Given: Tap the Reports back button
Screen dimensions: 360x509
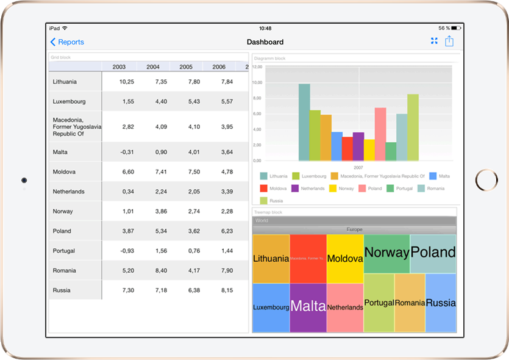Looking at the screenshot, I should [x=67, y=42].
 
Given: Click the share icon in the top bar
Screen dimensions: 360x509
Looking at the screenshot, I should [x=449, y=41].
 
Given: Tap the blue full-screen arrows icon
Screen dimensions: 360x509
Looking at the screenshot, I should [x=434, y=41].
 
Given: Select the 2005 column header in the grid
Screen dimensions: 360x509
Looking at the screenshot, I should [x=186, y=67].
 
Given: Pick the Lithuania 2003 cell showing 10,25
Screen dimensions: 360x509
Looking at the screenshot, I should [x=127, y=82].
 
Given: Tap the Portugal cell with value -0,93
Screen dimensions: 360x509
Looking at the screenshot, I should [x=127, y=251].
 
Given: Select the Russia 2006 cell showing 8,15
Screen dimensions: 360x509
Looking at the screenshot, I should [x=226, y=290].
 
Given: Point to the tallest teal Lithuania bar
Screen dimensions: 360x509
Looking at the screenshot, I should [x=304, y=122].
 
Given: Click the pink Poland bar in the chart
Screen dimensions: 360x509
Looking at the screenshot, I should [x=380, y=134].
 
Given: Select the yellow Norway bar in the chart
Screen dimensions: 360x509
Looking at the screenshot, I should [x=369, y=149].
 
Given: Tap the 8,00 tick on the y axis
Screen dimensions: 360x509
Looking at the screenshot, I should [x=257, y=98].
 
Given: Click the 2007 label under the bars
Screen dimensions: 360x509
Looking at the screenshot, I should [x=358, y=167].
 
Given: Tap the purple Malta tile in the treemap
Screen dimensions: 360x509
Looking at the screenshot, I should [x=308, y=307].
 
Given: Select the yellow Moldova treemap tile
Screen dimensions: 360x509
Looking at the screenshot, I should [x=345, y=259].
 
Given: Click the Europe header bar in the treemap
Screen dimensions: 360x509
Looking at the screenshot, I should [x=354, y=229].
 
